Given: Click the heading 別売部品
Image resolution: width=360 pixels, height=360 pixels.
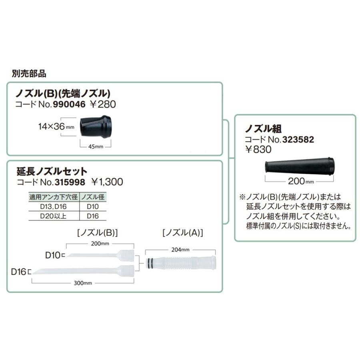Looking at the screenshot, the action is pyautogui.click(x=29, y=74).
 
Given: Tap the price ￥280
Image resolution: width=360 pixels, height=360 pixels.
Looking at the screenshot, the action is pyautogui.click(x=103, y=105).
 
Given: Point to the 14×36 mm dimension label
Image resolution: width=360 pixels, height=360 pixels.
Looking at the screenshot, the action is pyautogui.click(x=56, y=126).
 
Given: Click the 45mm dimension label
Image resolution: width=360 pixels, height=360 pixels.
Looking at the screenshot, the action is pyautogui.click(x=96, y=146).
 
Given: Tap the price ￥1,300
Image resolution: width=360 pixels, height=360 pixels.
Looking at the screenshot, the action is pyautogui.click(x=107, y=182).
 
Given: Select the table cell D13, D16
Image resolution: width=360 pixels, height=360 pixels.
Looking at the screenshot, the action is pyautogui.click(x=54, y=207).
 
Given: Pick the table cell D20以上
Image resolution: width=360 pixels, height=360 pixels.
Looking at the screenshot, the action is pyautogui.click(x=54, y=216).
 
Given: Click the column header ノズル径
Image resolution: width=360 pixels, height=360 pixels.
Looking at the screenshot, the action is pyautogui.click(x=94, y=197).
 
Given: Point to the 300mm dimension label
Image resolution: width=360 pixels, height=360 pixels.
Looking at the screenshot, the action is pyautogui.click(x=84, y=283).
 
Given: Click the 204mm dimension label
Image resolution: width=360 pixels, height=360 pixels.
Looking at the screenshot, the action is pyautogui.click(x=180, y=250).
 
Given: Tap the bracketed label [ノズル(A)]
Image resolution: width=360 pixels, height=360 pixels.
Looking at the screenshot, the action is pyautogui.click(x=182, y=232).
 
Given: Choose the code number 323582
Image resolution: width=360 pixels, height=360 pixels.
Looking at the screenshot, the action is pyautogui.click(x=298, y=140).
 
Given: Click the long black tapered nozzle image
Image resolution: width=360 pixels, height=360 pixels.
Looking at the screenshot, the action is pyautogui.click(x=299, y=166).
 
